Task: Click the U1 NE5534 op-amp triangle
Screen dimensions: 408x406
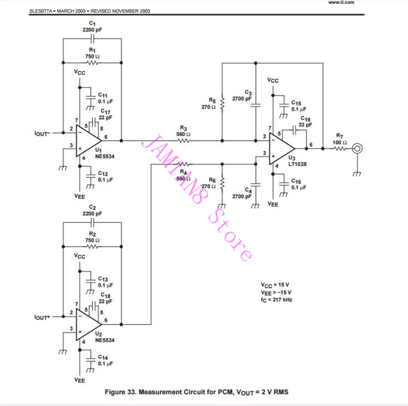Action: [87, 141]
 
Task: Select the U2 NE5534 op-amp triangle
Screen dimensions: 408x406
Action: [87, 324]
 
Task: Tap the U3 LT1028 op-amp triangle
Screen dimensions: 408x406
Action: [281, 149]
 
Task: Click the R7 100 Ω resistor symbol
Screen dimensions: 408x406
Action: [340, 149]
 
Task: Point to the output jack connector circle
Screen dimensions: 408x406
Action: [357, 149]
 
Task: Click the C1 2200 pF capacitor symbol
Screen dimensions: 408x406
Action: [92, 39]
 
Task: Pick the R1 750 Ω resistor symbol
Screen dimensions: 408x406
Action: [92, 63]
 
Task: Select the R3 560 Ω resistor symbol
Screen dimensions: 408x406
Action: [184, 141]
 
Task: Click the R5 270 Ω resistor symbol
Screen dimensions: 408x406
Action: [222, 104]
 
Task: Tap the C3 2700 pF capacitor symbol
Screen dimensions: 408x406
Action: [256, 105]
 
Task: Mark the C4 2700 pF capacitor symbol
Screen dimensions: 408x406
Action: [256, 185]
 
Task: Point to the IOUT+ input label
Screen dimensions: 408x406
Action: [42, 317]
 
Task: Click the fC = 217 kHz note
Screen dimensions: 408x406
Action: [276, 300]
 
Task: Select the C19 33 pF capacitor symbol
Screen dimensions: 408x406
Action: [294, 130]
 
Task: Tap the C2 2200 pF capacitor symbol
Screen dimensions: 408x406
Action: [92, 222]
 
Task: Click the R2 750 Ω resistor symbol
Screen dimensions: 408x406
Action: [92, 246]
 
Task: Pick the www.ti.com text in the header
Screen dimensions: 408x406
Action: [341, 2]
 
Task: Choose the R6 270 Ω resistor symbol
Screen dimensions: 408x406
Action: [222, 184]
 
